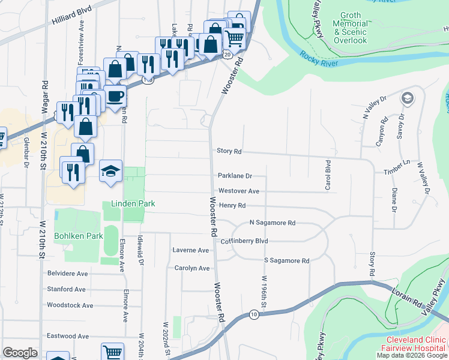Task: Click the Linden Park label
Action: coord(132,204)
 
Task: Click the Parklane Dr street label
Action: coord(234,176)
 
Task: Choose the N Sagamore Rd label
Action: coord(273,223)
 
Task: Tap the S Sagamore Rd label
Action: coord(286,260)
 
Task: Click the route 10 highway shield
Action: coord(255,314)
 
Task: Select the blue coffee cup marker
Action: coord(115,97)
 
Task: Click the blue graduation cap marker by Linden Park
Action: coord(110,172)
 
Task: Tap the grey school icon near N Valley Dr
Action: coord(408,98)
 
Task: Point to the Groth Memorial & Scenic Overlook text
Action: coord(350,28)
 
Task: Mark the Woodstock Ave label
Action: coord(70,305)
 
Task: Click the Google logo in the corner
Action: coord(20,353)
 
